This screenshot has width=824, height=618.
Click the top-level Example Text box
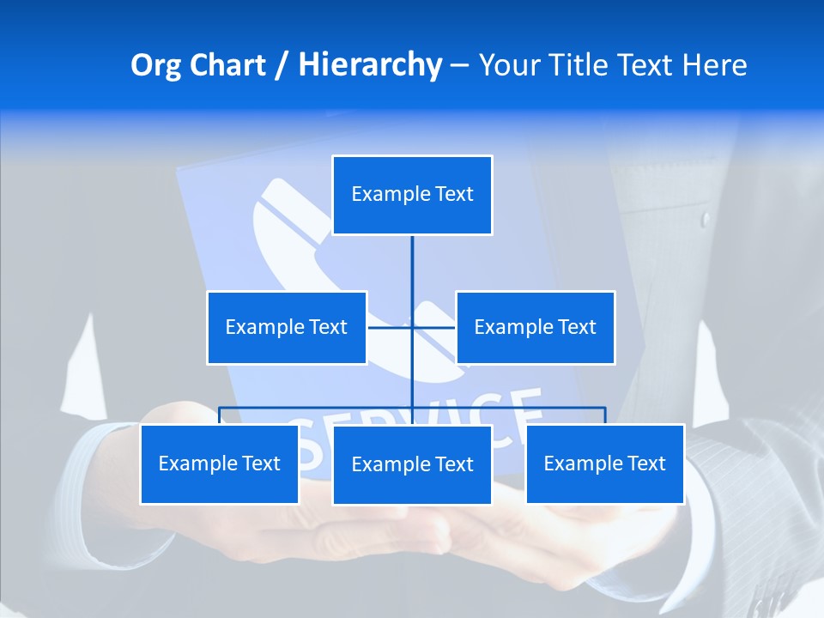pyautogui.click(x=412, y=195)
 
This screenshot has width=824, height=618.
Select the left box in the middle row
pyautogui.click(x=287, y=327)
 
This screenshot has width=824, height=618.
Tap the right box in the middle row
pyautogui.click(x=535, y=327)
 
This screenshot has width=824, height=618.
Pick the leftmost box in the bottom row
pyautogui.click(x=219, y=463)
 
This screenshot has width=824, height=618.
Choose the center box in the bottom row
pyautogui.click(x=412, y=464)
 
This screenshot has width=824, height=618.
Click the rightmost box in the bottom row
pyautogui.click(x=604, y=463)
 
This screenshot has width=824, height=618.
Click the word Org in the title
pyautogui.click(x=154, y=65)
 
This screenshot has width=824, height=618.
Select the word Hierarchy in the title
pyautogui.click(x=370, y=65)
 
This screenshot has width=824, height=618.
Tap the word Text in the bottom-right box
pyautogui.click(x=646, y=463)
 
